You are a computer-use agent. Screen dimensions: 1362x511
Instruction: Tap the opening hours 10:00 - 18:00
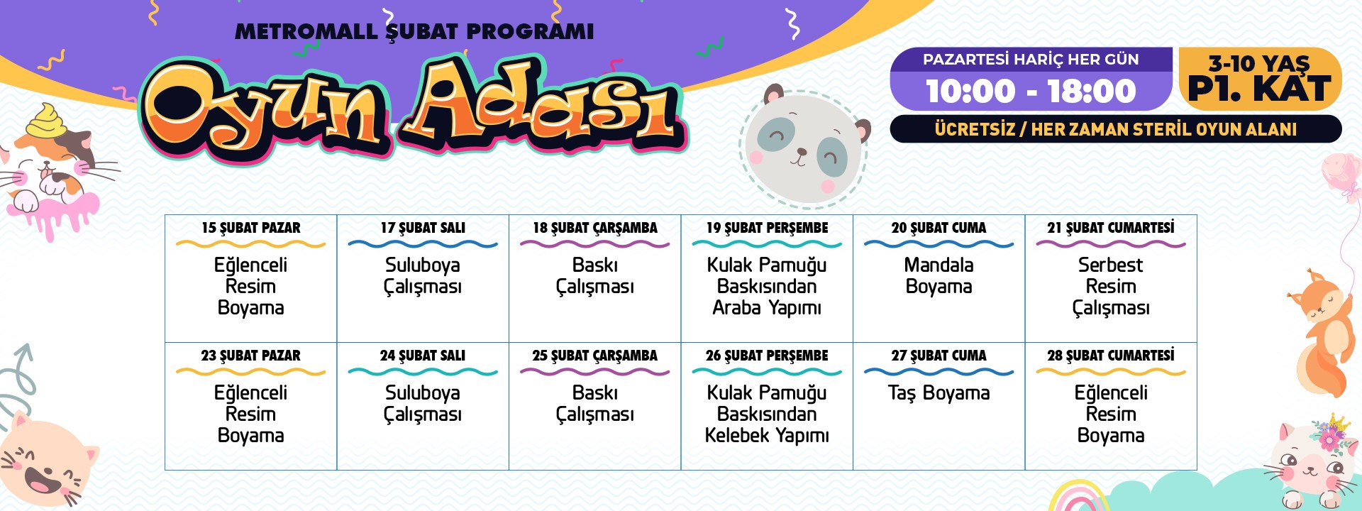(x=1031, y=91)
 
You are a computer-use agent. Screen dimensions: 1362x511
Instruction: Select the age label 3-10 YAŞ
(x=1259, y=63)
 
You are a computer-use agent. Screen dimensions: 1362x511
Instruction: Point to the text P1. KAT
(x=1259, y=89)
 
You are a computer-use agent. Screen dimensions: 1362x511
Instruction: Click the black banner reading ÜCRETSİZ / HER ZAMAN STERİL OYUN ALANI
(x=1116, y=129)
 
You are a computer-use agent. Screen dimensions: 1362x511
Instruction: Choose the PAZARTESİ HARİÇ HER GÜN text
(x=1031, y=60)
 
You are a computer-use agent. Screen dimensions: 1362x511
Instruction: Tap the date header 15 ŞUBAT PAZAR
(x=251, y=229)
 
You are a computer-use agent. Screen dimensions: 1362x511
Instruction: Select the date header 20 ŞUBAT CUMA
(x=939, y=229)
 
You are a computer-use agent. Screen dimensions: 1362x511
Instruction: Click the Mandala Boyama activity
(x=939, y=275)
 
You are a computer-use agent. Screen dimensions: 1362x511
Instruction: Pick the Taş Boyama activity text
(x=939, y=393)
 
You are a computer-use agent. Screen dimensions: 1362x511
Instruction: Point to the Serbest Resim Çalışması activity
(x=1111, y=286)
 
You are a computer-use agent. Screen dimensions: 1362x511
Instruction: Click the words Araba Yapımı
(x=767, y=308)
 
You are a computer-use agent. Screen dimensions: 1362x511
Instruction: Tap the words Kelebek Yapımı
(x=767, y=436)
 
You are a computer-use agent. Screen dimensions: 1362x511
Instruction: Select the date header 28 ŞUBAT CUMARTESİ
(x=1111, y=356)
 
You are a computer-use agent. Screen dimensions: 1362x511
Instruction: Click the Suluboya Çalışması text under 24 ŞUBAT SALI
(x=423, y=404)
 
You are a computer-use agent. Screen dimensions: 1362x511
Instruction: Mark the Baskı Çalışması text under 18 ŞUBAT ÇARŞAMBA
(x=595, y=276)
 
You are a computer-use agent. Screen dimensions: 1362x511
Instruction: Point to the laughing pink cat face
(x=44, y=461)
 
